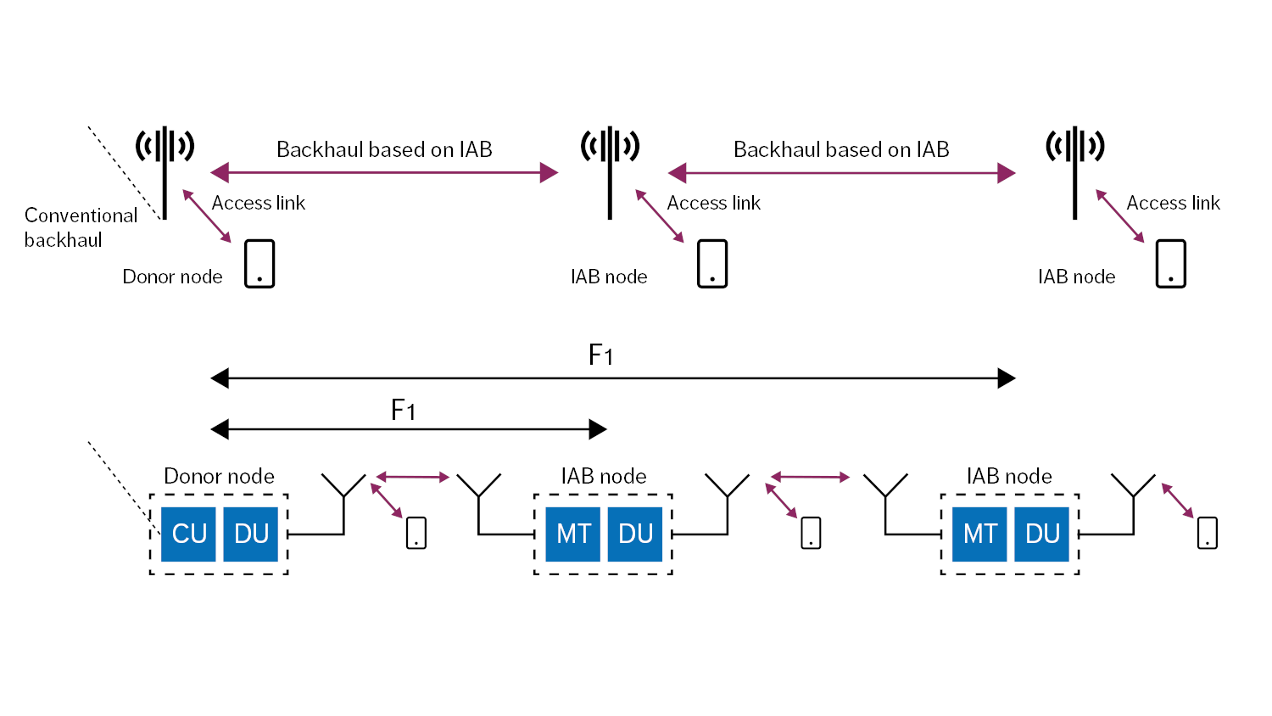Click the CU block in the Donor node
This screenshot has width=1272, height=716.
coord(189,534)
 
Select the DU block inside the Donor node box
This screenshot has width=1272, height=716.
coord(251,534)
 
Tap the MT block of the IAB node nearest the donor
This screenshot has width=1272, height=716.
coord(573,534)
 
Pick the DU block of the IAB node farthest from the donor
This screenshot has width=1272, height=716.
coord(1042,534)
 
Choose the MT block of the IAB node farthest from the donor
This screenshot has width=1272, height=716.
coord(980,534)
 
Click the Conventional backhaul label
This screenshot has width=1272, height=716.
coord(80,227)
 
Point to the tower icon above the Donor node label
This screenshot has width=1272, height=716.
coord(165,170)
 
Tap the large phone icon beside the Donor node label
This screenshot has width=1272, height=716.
coord(259,264)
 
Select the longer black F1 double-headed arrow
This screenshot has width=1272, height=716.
coord(612,378)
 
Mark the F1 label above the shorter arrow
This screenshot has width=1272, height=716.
coord(403,411)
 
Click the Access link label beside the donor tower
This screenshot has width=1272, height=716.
coord(258,203)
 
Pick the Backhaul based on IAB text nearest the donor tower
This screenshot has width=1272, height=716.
coord(384,149)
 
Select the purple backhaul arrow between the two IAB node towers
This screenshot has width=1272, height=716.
coord(841,174)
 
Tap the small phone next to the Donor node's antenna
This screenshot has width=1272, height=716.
coord(416,533)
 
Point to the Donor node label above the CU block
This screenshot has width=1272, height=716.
coord(219,476)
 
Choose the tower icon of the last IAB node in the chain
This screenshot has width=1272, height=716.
coord(1075,170)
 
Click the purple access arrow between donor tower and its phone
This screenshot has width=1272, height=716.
coord(207,216)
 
